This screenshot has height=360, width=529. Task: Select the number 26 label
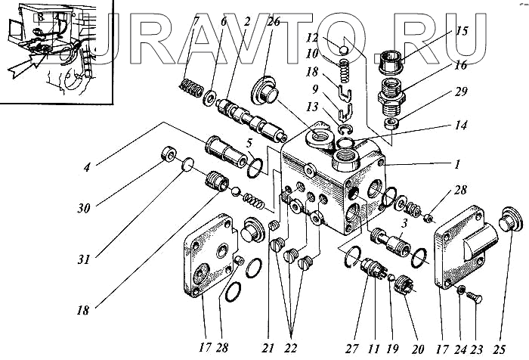point(273,22)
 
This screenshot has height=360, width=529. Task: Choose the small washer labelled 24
point(461,291)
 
